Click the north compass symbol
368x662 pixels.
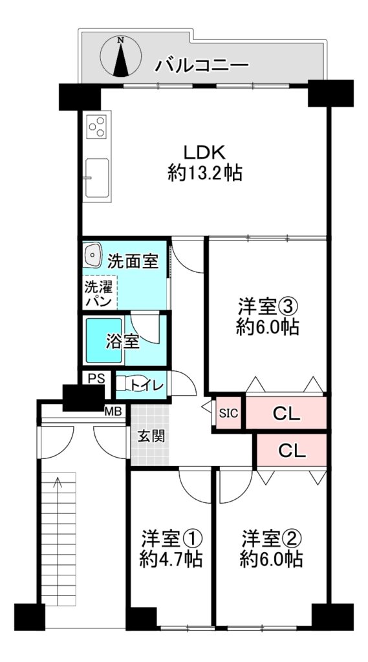121,57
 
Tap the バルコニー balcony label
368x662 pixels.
202,65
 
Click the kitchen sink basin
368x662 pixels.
97,178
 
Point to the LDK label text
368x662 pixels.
205,151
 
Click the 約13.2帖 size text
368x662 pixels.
205,173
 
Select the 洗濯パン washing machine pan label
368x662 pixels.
98,294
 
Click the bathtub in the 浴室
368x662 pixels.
104,340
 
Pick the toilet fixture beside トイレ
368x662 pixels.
122,384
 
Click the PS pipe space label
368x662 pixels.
96,378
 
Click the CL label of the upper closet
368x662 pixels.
286,414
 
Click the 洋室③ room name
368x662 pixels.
268,306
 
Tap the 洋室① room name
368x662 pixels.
171,539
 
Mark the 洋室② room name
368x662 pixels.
271,539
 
